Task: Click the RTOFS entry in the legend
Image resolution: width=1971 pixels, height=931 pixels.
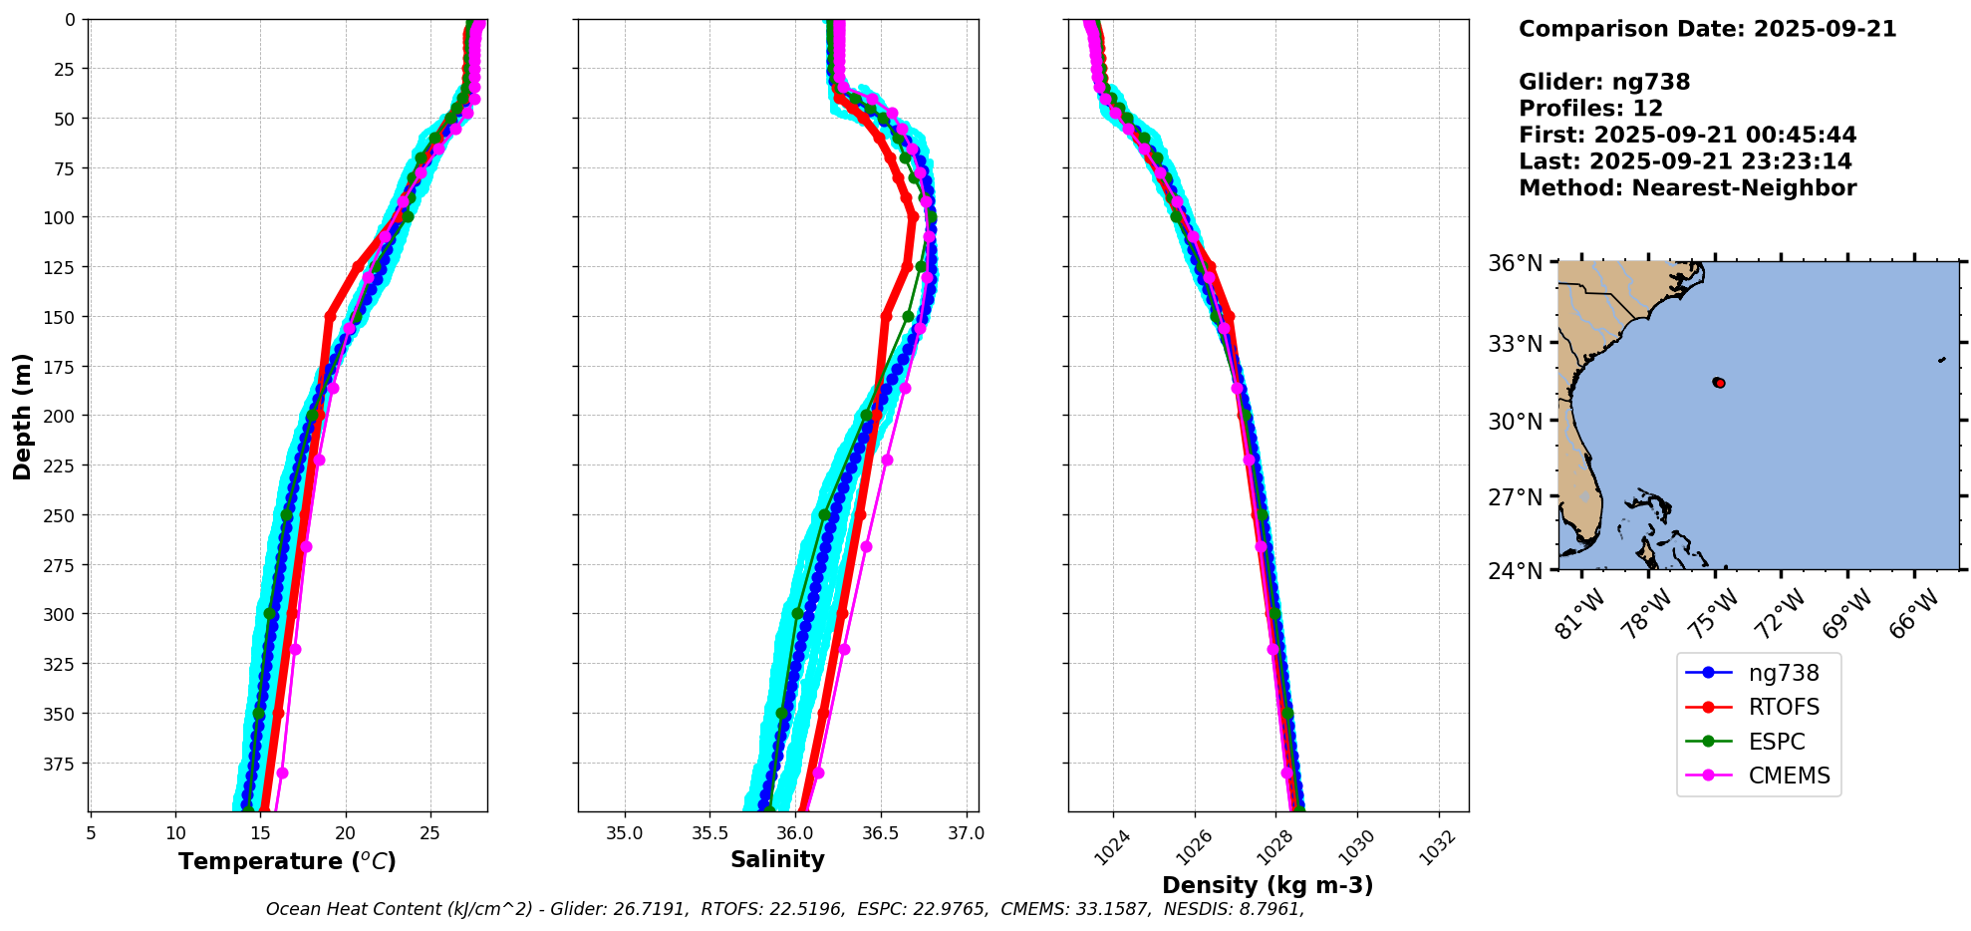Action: click(1783, 707)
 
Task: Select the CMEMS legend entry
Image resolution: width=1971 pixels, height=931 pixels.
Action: click(1789, 776)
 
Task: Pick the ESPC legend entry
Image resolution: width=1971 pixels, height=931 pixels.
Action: click(1776, 742)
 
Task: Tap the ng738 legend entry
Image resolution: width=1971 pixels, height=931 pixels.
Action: click(1784, 673)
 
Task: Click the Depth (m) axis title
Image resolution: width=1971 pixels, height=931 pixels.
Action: click(22, 416)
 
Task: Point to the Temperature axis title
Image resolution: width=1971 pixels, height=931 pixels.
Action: click(287, 861)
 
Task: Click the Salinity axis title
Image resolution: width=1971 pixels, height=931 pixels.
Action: click(777, 860)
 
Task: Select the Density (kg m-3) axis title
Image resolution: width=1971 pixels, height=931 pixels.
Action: click(1267, 885)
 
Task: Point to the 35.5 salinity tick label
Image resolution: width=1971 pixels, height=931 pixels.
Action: click(709, 833)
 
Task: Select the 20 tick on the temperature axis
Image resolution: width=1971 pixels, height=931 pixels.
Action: click(346, 833)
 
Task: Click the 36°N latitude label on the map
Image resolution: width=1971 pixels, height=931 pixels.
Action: click(1515, 263)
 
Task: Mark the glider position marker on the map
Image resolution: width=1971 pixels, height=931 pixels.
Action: click(1719, 383)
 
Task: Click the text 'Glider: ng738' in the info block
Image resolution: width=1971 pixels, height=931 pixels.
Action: click(1603, 83)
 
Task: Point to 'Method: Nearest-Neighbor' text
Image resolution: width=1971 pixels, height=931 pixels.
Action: click(1687, 188)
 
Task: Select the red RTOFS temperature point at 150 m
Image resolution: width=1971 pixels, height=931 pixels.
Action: click(330, 317)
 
